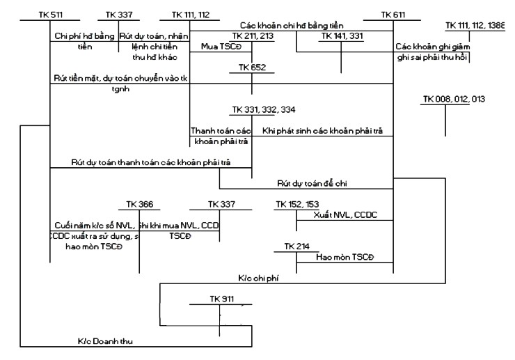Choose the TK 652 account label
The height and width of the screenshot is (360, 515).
252,68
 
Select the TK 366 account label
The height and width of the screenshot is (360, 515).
139,204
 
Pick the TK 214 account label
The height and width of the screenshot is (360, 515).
296,247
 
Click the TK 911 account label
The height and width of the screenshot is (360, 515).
221,299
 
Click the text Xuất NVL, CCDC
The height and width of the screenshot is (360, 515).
341,214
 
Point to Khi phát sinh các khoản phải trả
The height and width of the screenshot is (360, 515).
322,131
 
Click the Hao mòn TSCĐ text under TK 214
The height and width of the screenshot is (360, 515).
340,258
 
